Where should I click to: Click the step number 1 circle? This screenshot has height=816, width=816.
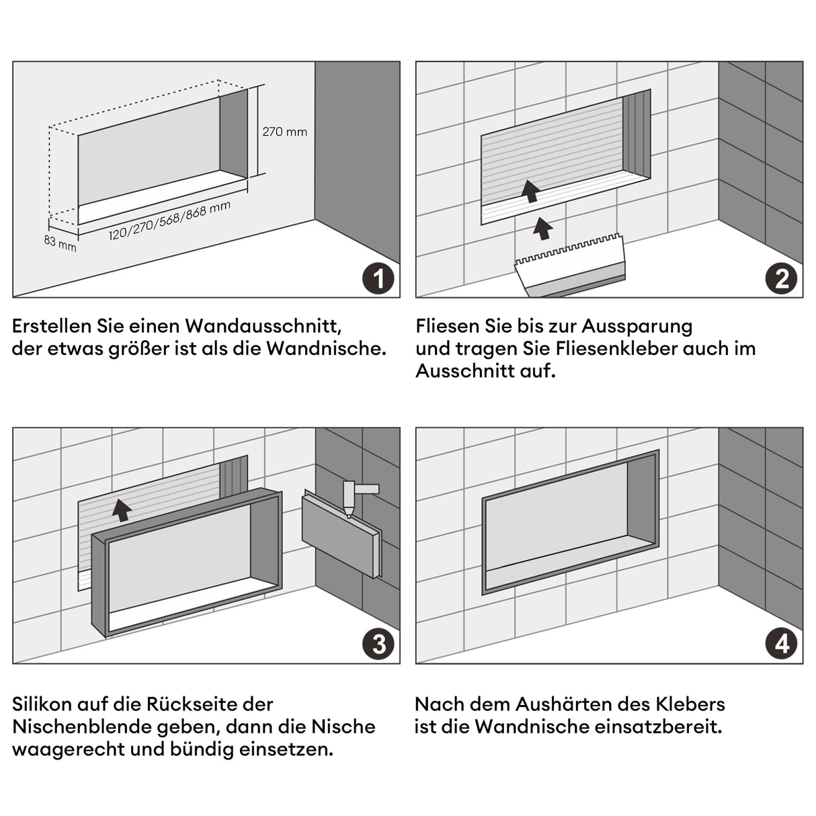[378, 278]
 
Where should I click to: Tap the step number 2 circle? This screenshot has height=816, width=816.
[781, 278]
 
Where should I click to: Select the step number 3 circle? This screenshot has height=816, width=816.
[378, 644]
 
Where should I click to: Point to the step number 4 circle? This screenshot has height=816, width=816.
[781, 644]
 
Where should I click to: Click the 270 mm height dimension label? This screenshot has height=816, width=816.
[284, 132]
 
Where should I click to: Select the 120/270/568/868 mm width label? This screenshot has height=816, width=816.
[169, 221]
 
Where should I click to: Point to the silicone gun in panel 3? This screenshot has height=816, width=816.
[355, 497]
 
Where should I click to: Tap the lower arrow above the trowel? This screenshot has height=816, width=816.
[542, 228]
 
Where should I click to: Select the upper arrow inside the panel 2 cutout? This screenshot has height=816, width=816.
[531, 191]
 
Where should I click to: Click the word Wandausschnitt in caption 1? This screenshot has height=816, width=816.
[263, 326]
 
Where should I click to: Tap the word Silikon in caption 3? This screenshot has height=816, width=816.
[42, 704]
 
